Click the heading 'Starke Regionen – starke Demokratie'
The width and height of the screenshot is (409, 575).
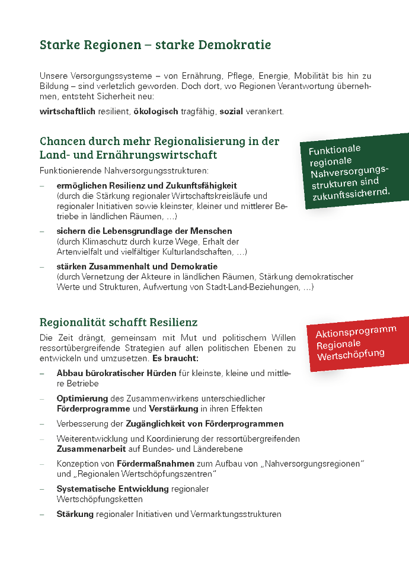pyautogui.click(x=155, y=45)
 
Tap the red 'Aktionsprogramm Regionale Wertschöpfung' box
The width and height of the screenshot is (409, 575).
pyautogui.click(x=356, y=343)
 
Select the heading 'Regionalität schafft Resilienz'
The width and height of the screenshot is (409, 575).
pyautogui.click(x=119, y=323)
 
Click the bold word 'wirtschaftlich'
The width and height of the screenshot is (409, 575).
pyautogui.click(x=67, y=111)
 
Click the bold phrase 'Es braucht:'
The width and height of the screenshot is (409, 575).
pyautogui.click(x=175, y=359)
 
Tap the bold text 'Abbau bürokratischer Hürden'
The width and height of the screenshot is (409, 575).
pyautogui.click(x=116, y=373)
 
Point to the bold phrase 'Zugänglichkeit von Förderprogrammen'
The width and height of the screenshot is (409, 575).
pyautogui.click(x=204, y=423)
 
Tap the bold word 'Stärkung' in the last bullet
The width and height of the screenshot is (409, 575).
pyautogui.click(x=75, y=514)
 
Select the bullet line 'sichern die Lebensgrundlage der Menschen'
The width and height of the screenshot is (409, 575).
pyautogui.click(x=144, y=231)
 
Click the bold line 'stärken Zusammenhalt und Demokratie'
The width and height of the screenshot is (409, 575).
pyautogui.click(x=137, y=266)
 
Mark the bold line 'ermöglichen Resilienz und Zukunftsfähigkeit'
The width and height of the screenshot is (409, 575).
pyautogui.click(x=146, y=185)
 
